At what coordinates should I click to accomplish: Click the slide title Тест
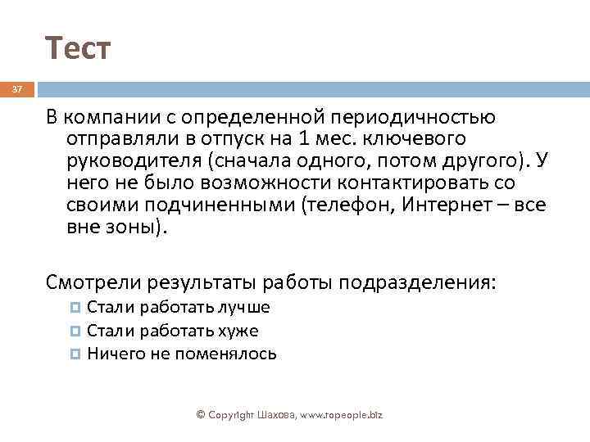77,50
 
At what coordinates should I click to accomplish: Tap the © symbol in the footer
200,415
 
